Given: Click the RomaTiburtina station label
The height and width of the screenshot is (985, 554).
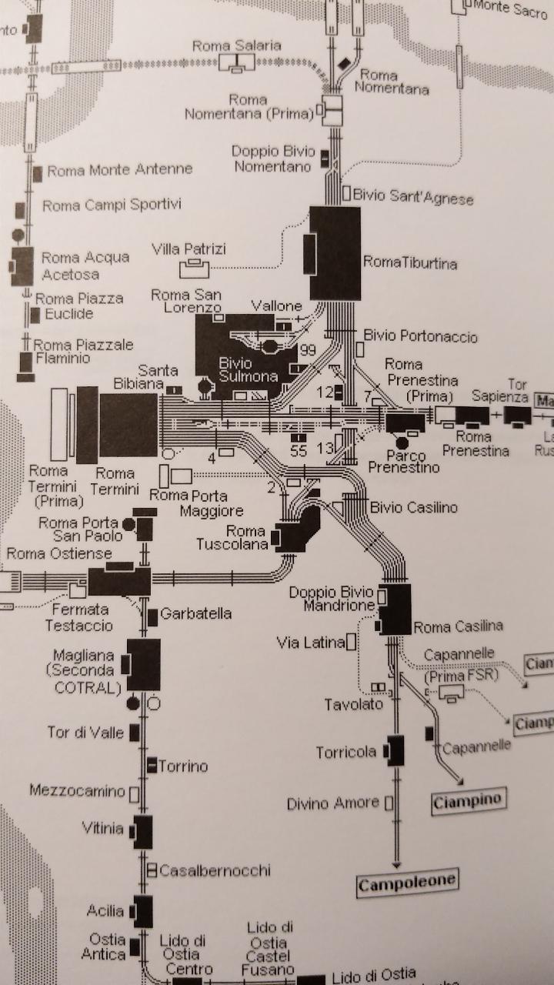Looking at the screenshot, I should tap(410, 263).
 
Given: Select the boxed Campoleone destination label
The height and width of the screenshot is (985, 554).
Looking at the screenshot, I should tap(408, 881).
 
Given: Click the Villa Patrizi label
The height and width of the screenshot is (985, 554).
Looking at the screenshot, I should tap(189, 249).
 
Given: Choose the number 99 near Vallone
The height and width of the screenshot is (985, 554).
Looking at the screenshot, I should tap(309, 351).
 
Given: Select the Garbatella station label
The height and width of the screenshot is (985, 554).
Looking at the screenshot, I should tap(196, 614).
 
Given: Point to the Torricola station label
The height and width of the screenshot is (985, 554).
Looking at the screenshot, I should tap(346, 752).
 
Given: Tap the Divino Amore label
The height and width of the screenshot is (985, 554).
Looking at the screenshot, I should tap(333, 803).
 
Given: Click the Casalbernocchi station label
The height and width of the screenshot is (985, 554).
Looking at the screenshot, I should tap(215, 870).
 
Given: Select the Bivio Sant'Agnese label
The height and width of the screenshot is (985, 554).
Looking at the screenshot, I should tap(413, 197).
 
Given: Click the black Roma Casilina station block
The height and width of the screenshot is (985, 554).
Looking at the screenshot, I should tap(395, 609).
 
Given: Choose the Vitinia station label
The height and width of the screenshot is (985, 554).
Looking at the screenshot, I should tap(102, 828).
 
